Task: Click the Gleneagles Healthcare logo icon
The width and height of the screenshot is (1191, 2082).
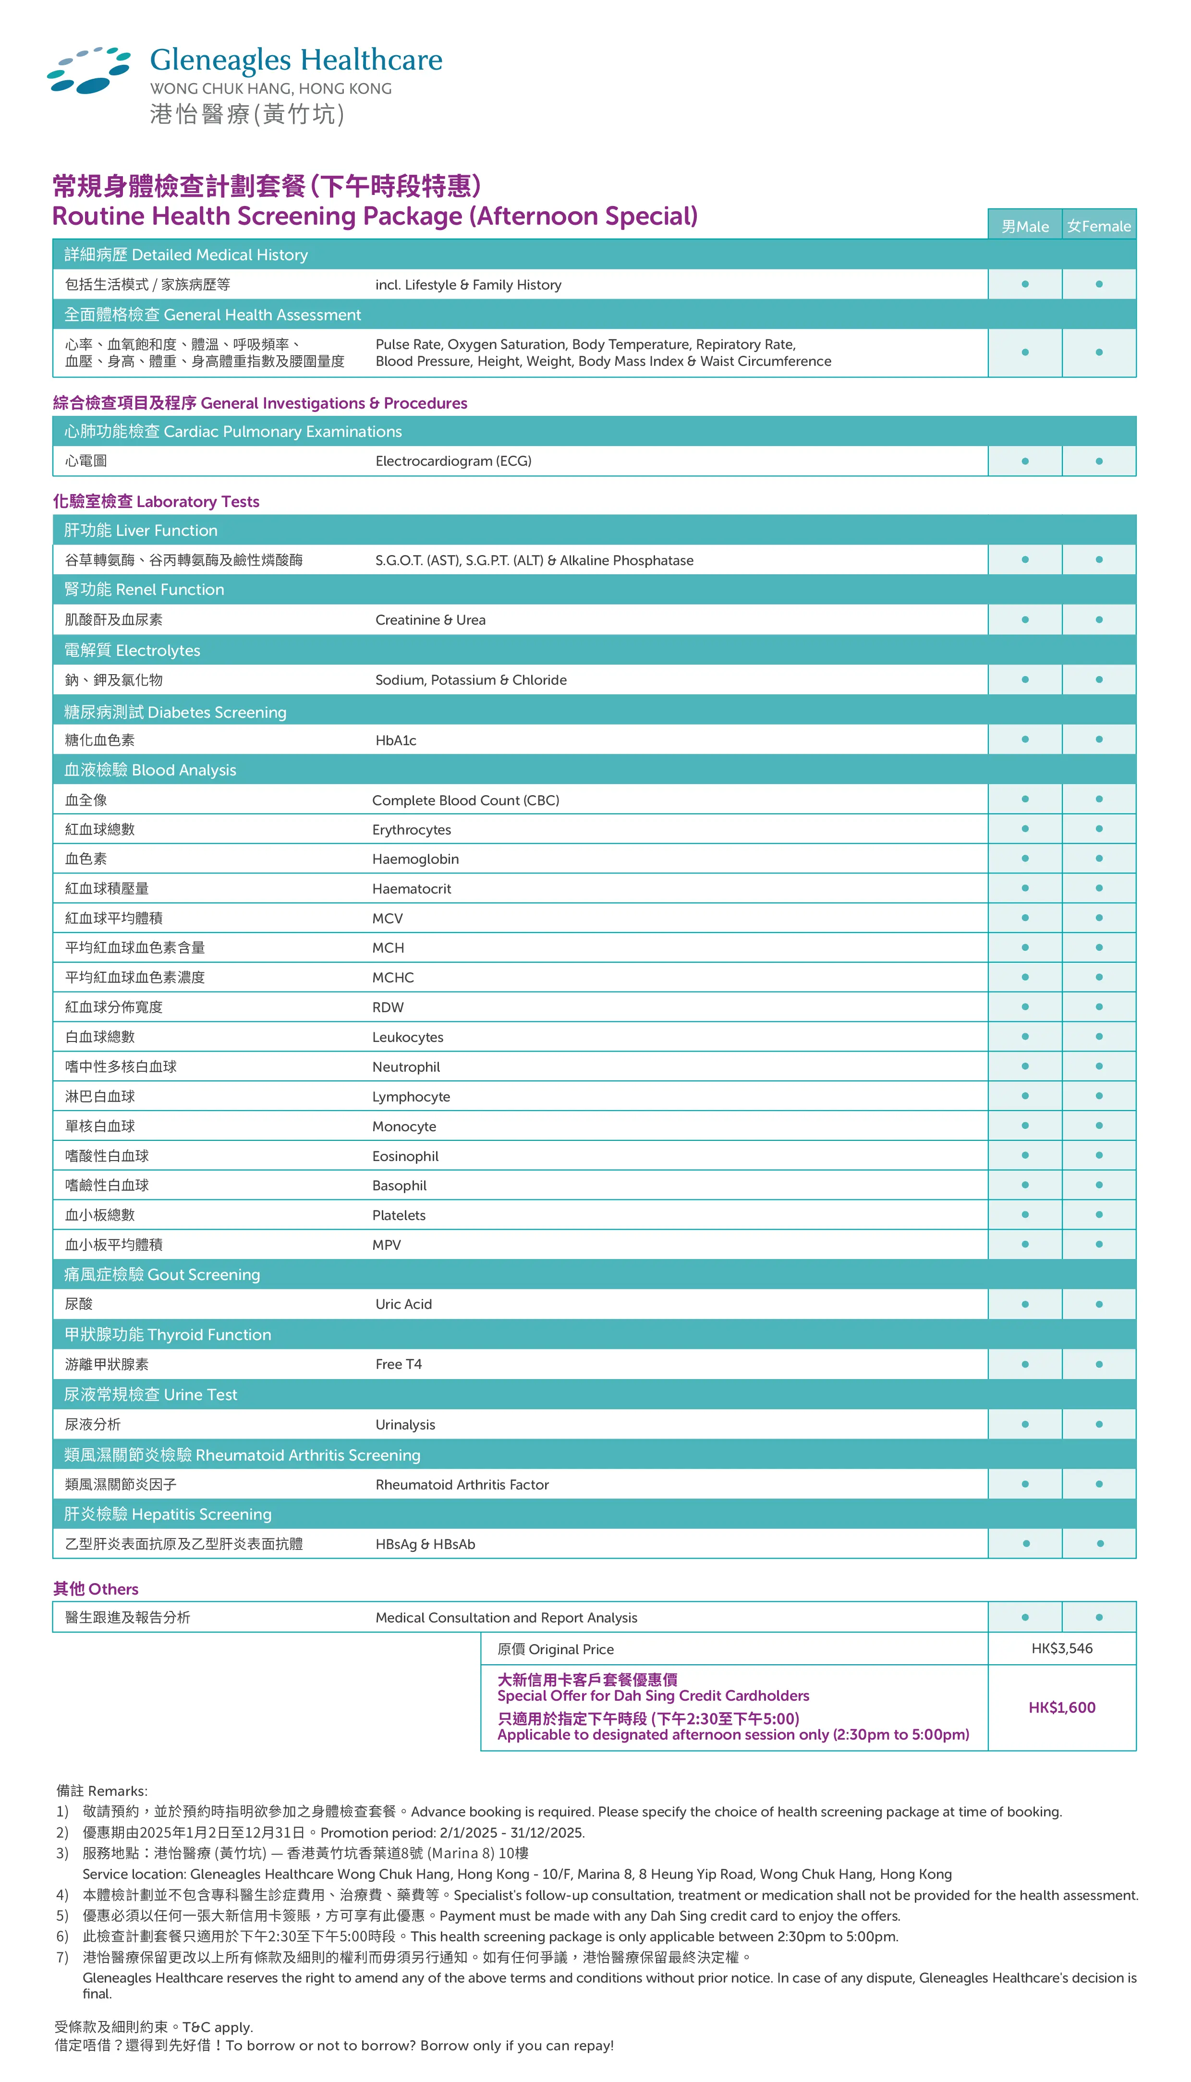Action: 88,70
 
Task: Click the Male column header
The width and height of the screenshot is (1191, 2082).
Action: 1025,227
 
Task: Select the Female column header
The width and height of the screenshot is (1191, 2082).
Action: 1099,227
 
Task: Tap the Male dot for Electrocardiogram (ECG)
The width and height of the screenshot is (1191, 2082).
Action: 1025,461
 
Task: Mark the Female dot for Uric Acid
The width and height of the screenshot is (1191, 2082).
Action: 1099,1304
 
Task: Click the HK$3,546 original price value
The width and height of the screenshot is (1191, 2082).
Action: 1062,1648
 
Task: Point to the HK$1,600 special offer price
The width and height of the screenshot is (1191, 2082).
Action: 1062,1707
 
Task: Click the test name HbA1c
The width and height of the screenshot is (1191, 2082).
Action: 396,740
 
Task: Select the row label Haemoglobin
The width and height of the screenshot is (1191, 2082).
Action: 415,859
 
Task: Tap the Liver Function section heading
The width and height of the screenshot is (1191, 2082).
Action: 141,531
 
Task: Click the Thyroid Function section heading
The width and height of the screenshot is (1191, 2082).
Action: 168,1334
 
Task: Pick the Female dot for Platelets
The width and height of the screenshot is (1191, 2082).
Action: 1099,1214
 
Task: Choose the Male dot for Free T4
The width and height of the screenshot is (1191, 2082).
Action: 1025,1364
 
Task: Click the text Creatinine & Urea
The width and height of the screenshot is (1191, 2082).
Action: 430,620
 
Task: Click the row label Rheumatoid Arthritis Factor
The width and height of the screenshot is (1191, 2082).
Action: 462,1484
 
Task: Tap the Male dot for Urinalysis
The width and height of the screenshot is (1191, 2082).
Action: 1025,1424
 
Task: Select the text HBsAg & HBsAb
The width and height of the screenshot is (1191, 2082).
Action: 425,1544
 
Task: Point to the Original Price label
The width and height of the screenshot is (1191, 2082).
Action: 556,1649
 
